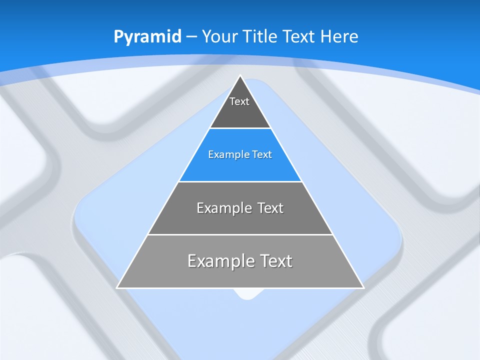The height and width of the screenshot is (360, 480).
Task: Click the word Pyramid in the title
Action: pos(147,37)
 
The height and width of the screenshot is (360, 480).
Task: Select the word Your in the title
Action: pos(220,36)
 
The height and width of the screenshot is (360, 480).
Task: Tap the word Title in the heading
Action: pos(261,36)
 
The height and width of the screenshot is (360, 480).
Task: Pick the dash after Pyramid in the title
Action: pos(191,37)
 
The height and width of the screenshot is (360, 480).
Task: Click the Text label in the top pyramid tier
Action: pos(239,101)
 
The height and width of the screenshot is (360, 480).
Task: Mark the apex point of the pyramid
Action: pos(240,76)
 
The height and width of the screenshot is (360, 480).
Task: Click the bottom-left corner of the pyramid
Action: pos(117,287)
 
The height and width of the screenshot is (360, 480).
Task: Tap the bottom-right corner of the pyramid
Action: pos(363,287)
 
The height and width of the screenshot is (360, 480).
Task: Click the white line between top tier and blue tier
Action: pos(240,128)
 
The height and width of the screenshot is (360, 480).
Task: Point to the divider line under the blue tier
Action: pos(240,181)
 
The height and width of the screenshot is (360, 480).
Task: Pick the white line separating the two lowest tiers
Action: pos(240,234)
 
